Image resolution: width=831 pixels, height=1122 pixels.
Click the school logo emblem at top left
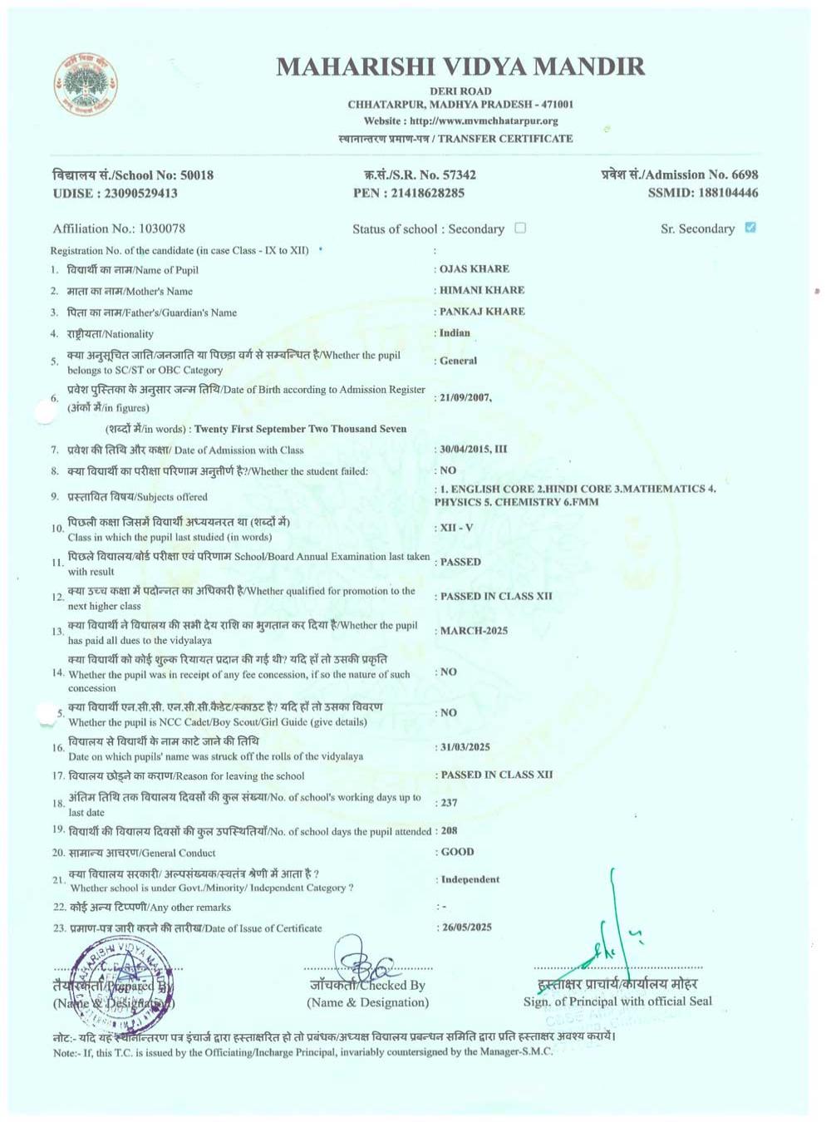(86, 84)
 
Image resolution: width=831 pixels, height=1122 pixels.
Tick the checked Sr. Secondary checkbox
(750, 228)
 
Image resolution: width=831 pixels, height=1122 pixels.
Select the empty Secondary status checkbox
(520, 228)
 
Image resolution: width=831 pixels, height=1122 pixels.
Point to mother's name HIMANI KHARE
(482, 290)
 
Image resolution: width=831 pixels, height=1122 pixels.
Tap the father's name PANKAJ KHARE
(482, 312)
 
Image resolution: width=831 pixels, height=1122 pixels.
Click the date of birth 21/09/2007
(465, 398)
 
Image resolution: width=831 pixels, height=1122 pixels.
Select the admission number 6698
(745, 175)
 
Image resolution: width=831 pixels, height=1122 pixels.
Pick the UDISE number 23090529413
(140, 194)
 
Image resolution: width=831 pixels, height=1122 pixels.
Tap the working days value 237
(450, 803)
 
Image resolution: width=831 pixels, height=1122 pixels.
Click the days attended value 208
(450, 831)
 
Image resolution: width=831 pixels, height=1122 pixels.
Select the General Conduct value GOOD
(458, 852)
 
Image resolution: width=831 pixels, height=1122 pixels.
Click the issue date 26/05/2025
(467, 928)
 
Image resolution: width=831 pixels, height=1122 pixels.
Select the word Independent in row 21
(470, 879)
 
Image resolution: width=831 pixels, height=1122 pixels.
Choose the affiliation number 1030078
(162, 229)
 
